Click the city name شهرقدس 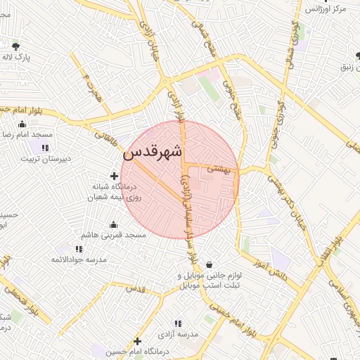pyautogui.click(x=153, y=151)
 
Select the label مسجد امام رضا pyautogui.click(x=24, y=134)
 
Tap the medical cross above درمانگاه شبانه pyautogui.click(x=115, y=175)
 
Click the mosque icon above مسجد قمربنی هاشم pyautogui.click(x=113, y=225)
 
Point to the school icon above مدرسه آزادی pyautogui.click(x=178, y=323)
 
